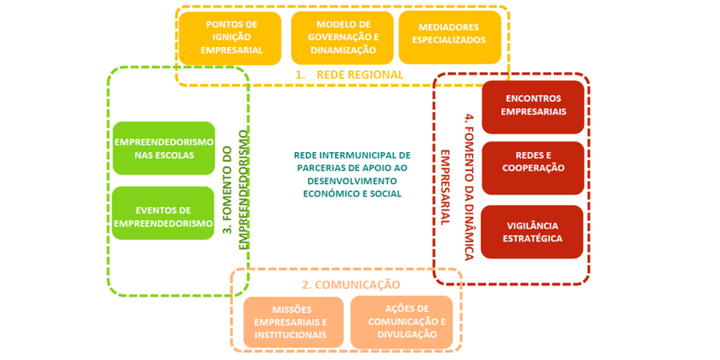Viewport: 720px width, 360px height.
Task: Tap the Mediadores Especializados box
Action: (x=450, y=38)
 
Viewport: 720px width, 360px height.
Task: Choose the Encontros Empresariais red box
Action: (x=533, y=106)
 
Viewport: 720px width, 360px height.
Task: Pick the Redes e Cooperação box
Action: (x=533, y=168)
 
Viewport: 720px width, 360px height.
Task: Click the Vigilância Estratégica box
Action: (x=533, y=232)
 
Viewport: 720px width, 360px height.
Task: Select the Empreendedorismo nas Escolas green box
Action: (x=164, y=148)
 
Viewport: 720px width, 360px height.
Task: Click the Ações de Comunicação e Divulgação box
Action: (x=402, y=322)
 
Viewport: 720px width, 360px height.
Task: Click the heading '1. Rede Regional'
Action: (x=349, y=74)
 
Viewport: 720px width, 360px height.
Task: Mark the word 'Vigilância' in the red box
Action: (x=533, y=226)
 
